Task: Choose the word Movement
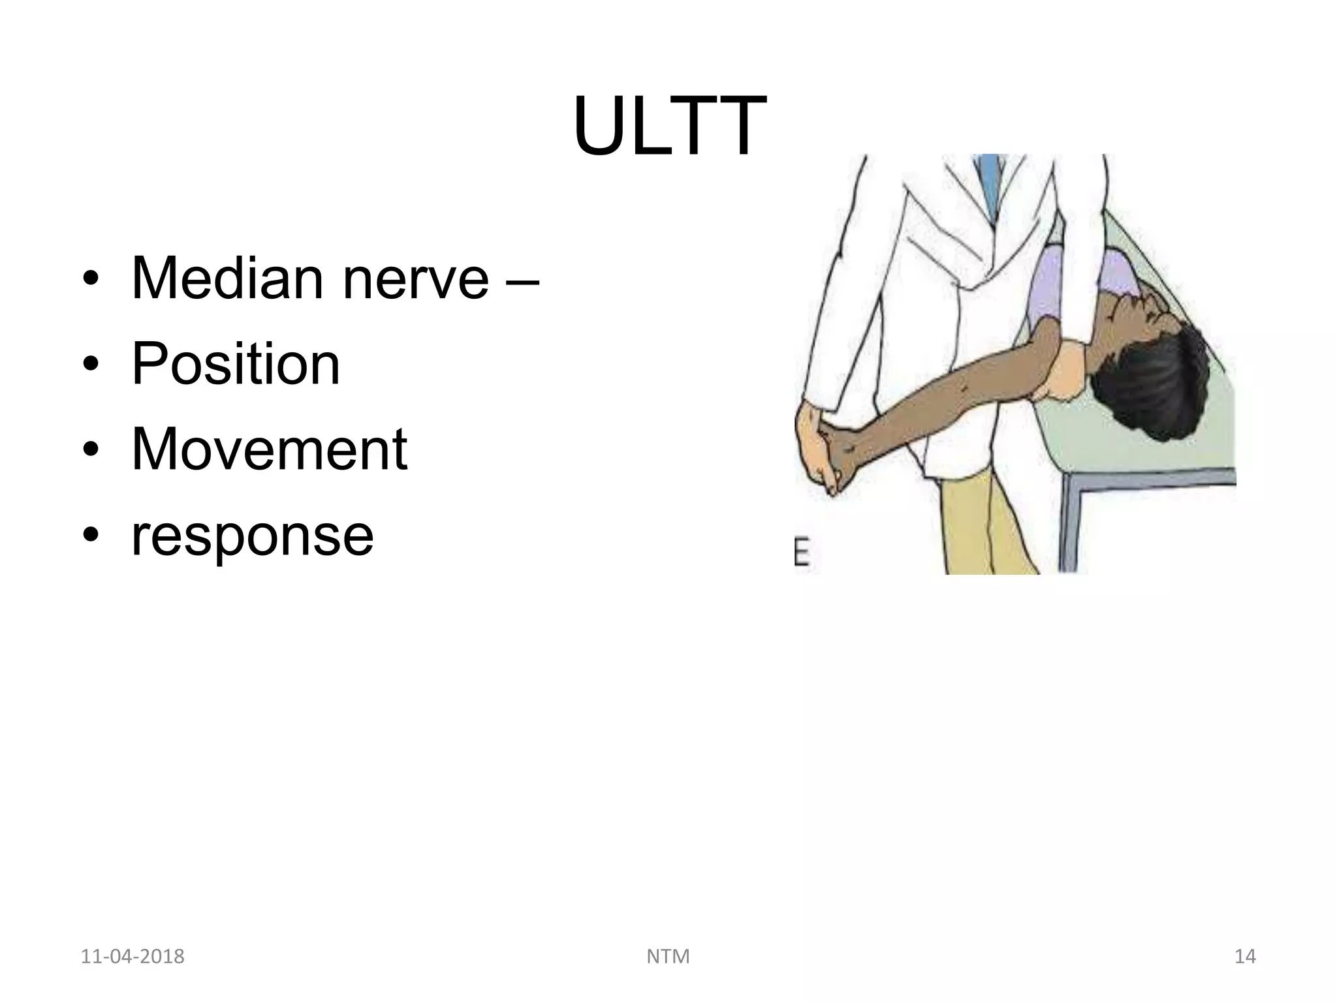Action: click(270, 449)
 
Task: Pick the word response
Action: click(253, 535)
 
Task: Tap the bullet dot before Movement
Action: click(91, 451)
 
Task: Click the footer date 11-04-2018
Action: click(133, 956)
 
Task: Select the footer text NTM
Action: click(668, 956)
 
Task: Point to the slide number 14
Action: click(1245, 956)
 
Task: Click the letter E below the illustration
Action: click(802, 554)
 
